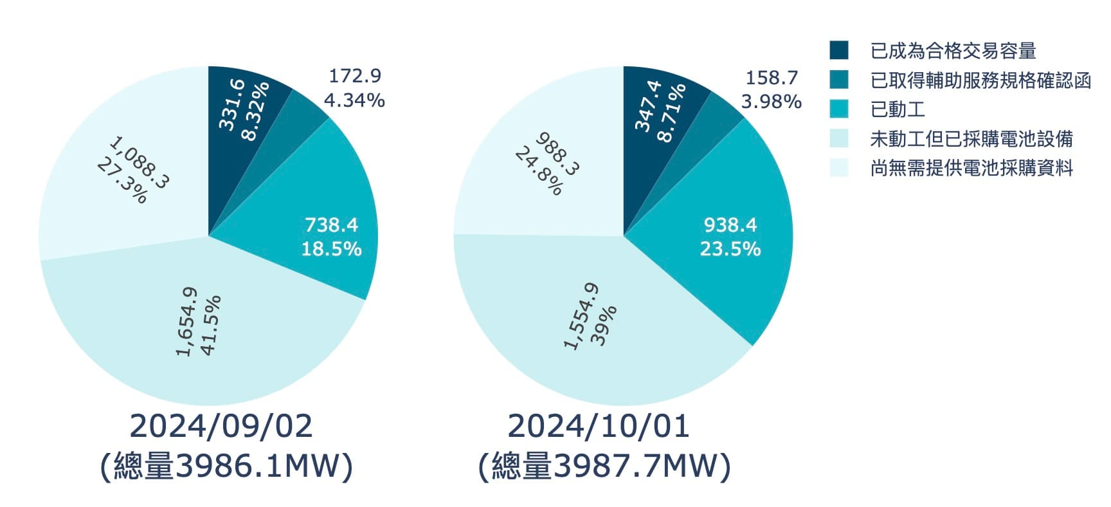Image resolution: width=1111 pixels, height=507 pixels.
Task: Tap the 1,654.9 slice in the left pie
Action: (199, 322)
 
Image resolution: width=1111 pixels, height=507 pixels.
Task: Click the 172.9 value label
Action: (355, 76)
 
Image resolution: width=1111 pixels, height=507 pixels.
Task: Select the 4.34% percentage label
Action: (354, 100)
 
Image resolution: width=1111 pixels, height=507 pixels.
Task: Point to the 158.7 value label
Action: (771, 78)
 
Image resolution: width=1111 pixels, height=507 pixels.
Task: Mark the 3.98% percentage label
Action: (771, 102)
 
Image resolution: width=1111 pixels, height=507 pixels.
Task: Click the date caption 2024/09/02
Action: (221, 427)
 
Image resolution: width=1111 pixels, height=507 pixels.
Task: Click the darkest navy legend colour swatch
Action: (839, 50)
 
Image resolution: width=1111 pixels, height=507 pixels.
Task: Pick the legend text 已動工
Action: (898, 109)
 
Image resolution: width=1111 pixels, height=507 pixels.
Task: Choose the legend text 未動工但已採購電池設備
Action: (971, 139)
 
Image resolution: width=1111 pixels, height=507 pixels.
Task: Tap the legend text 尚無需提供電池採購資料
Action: (971, 169)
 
